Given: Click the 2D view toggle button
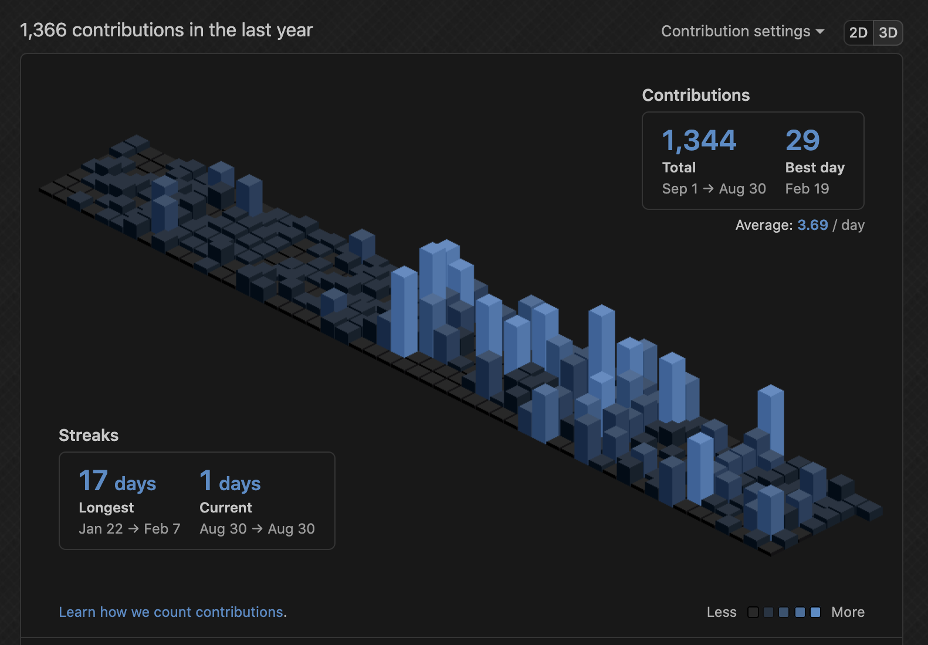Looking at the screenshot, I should [x=858, y=33].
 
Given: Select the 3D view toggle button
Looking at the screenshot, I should [x=888, y=33].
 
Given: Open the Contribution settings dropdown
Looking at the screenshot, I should [x=742, y=31].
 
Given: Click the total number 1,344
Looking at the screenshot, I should [x=699, y=141].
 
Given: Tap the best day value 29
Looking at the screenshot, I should [x=802, y=141].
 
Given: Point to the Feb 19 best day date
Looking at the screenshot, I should [x=807, y=189].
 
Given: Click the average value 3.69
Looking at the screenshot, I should [x=812, y=225].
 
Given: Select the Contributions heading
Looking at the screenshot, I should [x=696, y=95].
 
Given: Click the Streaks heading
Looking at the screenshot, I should [x=89, y=435].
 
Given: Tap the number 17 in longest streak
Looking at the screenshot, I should [x=93, y=481].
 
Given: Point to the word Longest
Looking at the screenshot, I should [x=106, y=508].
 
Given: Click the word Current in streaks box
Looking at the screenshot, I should [x=225, y=508].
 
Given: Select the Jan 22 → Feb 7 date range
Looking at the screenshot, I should [x=129, y=529].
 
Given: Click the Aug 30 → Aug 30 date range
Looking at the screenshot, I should [x=257, y=529].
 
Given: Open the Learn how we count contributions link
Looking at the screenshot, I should [x=172, y=612].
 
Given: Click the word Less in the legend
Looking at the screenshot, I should [x=721, y=612].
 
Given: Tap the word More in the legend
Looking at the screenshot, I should [x=848, y=612].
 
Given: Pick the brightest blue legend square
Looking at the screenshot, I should [x=815, y=612].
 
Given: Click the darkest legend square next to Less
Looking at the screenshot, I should [x=753, y=612].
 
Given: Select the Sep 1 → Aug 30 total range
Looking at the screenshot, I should [x=713, y=189].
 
